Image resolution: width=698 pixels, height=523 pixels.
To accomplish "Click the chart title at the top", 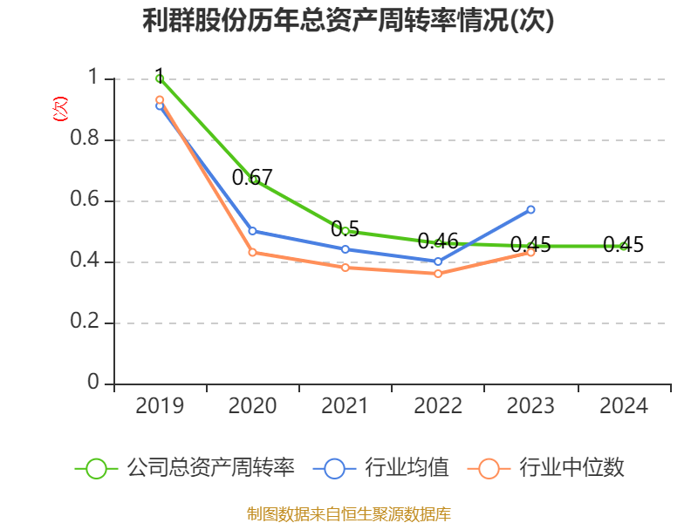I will pos(349,21).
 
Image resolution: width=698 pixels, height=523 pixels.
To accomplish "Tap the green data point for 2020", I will pos(253,180).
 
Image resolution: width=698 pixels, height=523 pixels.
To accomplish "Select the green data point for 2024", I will pos(624,247).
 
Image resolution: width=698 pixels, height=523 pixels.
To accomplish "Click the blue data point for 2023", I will pos(530,209).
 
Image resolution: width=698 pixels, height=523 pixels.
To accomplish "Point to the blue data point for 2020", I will pos(253,231).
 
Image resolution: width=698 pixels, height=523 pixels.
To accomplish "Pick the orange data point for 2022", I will pos(438,274).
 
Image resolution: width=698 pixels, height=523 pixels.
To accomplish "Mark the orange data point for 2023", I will pos(530,252).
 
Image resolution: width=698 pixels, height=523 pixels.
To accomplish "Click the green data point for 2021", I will pos(346,231).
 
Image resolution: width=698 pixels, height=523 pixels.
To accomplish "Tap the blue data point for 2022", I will pos(438,261).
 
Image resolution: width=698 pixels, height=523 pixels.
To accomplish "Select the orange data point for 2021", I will pos(346,268).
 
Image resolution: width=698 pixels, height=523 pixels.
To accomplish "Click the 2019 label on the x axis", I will pos(160,406).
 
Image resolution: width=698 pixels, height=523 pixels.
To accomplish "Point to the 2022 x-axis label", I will pos(438,406).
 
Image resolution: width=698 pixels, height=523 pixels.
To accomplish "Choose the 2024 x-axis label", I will pos(624,406).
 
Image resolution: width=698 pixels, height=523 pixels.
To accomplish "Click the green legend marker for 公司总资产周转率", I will pos(96,468).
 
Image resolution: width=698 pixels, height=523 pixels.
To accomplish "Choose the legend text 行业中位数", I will pos(572,468).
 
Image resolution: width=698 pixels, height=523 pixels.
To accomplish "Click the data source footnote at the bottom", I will pos(349,513).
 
